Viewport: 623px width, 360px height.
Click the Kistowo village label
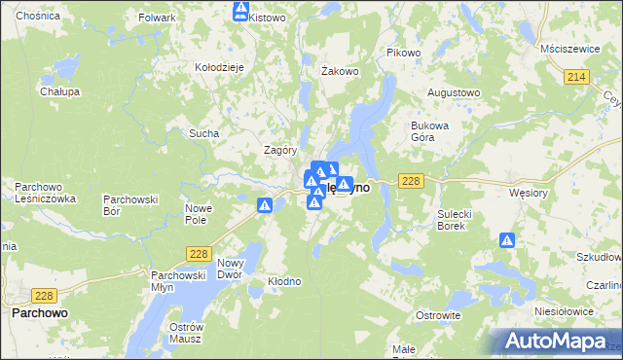pyautogui.click(x=267, y=18)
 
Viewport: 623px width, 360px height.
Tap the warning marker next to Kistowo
pyautogui.click(x=241, y=11)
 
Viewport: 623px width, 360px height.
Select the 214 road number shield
pyautogui.click(x=576, y=76)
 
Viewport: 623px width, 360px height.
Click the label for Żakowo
pyautogui.click(x=341, y=71)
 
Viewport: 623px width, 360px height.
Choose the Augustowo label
pyautogui.click(x=455, y=92)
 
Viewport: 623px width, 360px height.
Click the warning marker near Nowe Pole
pyautogui.click(x=264, y=205)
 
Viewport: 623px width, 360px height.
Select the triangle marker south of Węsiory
pyautogui.click(x=506, y=240)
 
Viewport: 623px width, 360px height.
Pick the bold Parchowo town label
pyautogui.click(x=39, y=313)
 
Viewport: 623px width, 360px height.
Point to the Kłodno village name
pyautogui.click(x=284, y=281)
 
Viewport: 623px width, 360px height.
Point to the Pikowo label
pyautogui.click(x=403, y=52)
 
